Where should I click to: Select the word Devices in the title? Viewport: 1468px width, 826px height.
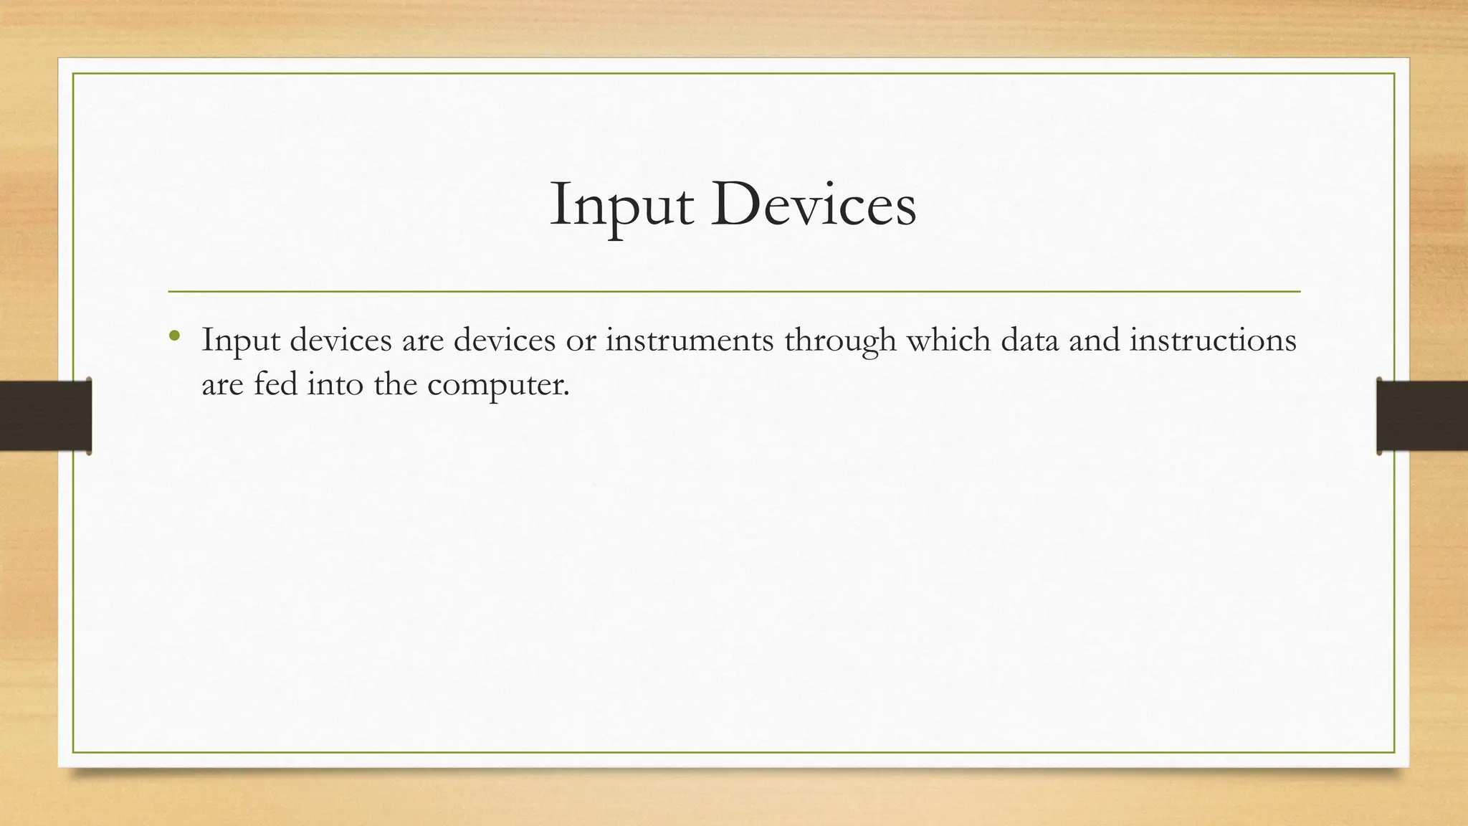(814, 206)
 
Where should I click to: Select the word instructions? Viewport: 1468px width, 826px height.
(1213, 339)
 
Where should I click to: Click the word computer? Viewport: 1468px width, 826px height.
(498, 385)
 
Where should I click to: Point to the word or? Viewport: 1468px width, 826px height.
(581, 341)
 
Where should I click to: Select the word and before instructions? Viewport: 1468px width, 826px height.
(1094, 339)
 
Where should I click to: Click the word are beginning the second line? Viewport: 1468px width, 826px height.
(222, 385)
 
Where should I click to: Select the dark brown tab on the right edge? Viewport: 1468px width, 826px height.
(1422, 416)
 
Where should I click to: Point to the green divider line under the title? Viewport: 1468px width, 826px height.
(734, 292)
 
